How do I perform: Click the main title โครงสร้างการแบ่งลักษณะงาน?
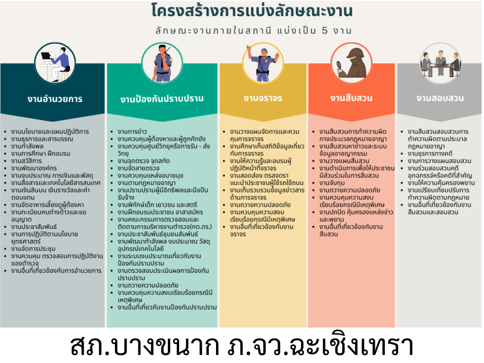[252, 10]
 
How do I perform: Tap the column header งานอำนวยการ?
[55, 99]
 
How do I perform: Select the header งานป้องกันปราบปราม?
[162, 99]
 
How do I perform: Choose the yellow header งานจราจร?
[263, 98]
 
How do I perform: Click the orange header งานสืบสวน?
[351, 98]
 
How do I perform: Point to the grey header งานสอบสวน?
[440, 98]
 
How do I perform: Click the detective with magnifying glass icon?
[351, 63]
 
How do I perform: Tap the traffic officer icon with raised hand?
[263, 63]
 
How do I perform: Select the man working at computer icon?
[55, 63]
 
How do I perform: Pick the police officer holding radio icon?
[163, 63]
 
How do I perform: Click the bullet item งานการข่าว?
[132, 131]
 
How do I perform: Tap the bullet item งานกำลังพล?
[27, 146]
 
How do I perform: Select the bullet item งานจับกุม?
[332, 183]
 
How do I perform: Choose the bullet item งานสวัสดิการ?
[26, 161]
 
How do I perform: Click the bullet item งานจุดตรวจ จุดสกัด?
[144, 161]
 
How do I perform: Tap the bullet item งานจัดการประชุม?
[34, 249]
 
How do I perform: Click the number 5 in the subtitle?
[324, 30]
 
